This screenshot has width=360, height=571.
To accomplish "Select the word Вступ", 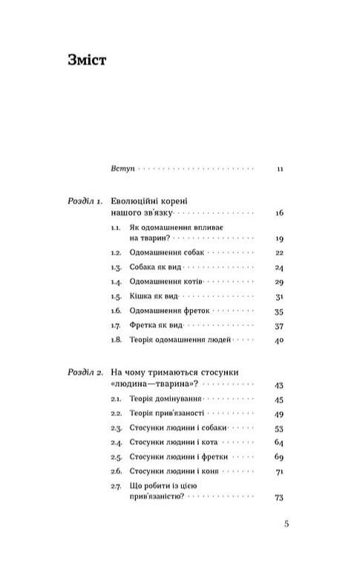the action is tap(120, 169).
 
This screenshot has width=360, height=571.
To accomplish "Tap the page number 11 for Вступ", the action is tap(280, 169).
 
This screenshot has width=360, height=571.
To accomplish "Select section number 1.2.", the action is tap(116, 253).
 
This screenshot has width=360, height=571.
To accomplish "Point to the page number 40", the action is tap(280, 340).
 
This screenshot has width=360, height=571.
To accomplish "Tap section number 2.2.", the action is tap(116, 413).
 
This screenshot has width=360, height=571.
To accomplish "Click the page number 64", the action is tap(280, 443).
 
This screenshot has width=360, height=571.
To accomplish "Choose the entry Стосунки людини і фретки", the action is tap(178, 457).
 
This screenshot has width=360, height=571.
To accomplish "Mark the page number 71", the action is tap(280, 472).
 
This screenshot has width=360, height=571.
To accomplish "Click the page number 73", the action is tap(280, 497).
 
